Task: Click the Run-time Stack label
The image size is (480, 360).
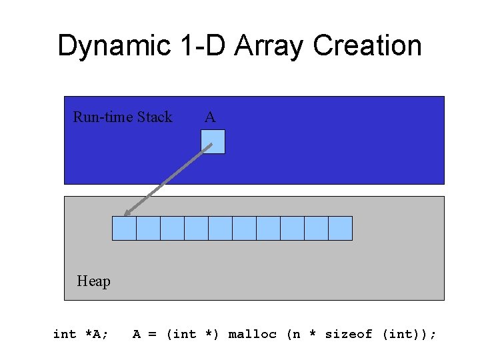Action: (122, 117)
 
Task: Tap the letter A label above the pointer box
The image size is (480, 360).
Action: (210, 117)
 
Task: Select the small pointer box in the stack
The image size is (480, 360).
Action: (213, 141)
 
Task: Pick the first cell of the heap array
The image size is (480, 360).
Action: (124, 228)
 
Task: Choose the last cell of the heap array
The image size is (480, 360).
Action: (340, 228)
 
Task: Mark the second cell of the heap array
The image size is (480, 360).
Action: (148, 228)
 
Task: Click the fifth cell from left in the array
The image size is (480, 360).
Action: (220, 228)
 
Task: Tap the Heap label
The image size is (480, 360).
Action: (93, 281)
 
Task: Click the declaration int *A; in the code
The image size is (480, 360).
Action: (81, 334)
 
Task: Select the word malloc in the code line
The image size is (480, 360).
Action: (252, 334)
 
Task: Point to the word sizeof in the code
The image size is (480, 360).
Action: (348, 334)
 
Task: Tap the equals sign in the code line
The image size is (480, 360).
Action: (152, 334)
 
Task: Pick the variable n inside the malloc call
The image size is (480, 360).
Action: (297, 335)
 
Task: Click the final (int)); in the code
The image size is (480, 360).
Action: (409, 334)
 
